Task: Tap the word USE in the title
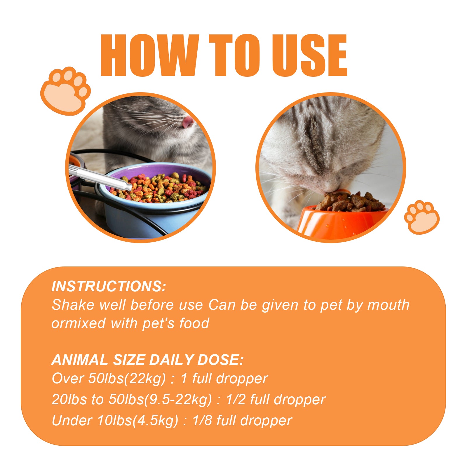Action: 309,55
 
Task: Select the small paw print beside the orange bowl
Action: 421,217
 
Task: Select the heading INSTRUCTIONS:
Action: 109,286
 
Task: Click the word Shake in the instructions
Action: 73,305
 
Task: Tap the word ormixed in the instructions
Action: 78,324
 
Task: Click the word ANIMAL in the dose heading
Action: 80,360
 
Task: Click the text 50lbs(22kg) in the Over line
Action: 127,379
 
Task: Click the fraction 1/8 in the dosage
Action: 202,421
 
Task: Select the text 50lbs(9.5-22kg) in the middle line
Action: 160,400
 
